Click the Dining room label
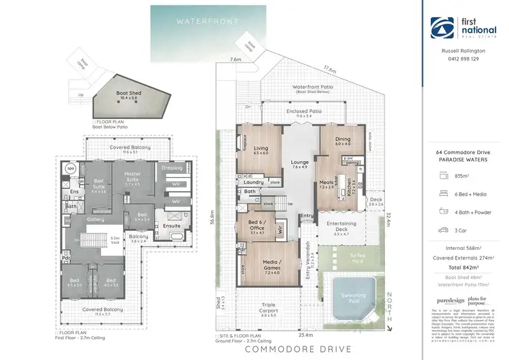pyautogui.click(x=342, y=141)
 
